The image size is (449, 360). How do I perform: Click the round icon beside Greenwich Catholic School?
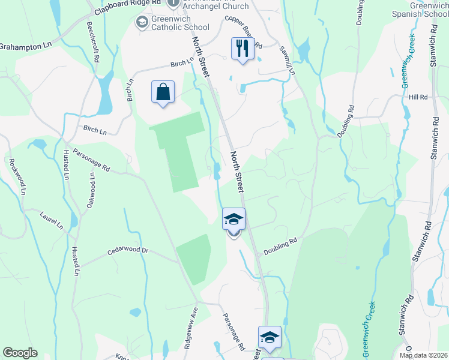click(142, 23)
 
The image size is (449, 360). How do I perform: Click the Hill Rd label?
click(418, 97)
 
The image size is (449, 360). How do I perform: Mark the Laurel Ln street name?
click(52, 220)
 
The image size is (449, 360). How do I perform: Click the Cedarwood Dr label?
click(128, 253)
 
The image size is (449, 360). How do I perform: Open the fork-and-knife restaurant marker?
click(243, 48)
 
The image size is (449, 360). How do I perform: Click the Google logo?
click(20, 353)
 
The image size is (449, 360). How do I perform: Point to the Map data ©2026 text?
click(423, 355)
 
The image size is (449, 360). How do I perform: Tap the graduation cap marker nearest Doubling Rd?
click(234, 219)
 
